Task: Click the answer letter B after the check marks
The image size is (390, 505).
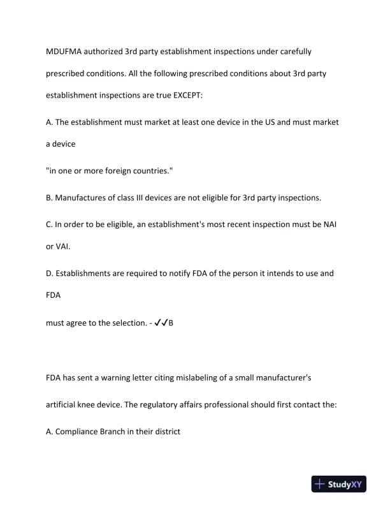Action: (x=171, y=323)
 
